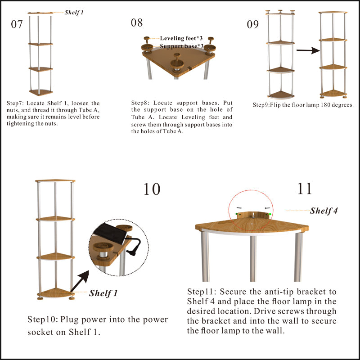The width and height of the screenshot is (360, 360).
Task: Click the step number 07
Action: [x=17, y=24]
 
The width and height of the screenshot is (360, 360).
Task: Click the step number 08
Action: [x=137, y=22]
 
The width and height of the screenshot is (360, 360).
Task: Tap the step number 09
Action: [x=252, y=24]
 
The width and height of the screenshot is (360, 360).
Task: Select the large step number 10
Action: [x=152, y=189]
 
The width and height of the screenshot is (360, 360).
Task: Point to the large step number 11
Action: [x=305, y=189]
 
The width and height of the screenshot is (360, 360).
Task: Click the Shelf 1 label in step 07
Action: [x=74, y=13]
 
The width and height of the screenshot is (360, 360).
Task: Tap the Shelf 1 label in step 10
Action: [x=103, y=293]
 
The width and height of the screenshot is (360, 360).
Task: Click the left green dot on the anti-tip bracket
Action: [x=237, y=214]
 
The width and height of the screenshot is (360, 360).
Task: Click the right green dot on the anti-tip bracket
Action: [x=269, y=214]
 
